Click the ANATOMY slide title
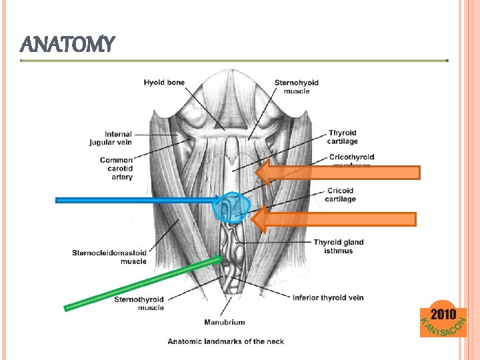(68, 45)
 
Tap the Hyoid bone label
(164, 83)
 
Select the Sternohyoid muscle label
(296, 87)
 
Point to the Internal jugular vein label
(111, 138)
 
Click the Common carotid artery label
(116, 168)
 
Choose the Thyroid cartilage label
(342, 137)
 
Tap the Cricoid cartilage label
(341, 195)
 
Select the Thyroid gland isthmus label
(338, 246)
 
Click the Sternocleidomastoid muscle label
(109, 257)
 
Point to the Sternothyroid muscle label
(139, 303)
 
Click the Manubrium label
(224, 322)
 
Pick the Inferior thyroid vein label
(328, 297)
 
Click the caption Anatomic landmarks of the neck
(225, 341)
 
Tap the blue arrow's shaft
(133, 199)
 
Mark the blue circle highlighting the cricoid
(231, 207)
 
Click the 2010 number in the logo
(443, 314)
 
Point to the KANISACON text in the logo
(441, 328)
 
